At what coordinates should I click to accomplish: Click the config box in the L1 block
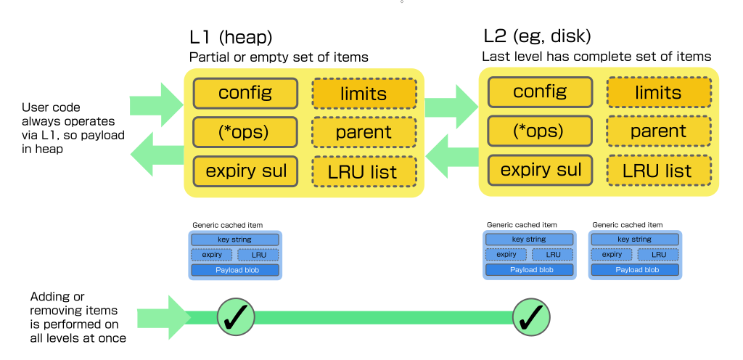point(245,93)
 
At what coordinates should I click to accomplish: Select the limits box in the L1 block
point(364,93)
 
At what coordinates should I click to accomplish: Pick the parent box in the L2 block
point(658,131)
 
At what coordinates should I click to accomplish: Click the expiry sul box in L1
point(245,171)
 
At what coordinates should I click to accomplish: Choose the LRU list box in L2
point(658,171)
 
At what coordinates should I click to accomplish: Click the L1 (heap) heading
point(231,37)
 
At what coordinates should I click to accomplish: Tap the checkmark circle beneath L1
point(237,316)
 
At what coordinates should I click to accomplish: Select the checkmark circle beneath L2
point(533,316)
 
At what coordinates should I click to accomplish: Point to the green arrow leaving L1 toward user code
point(157,153)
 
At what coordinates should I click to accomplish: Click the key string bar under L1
point(234,240)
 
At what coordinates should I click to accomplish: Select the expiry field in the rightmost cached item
point(612,255)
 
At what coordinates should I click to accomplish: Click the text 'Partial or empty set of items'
point(279,57)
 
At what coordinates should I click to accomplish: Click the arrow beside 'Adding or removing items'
point(163,317)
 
